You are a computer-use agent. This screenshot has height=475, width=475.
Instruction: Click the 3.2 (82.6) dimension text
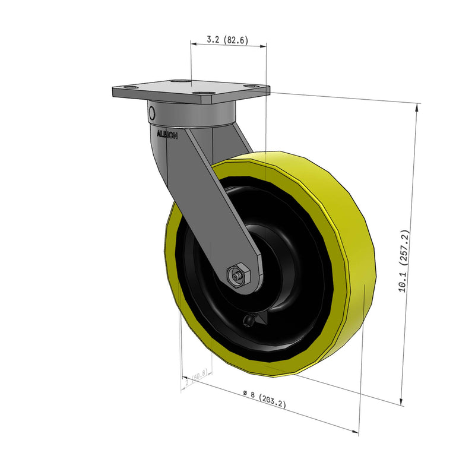tap(227, 40)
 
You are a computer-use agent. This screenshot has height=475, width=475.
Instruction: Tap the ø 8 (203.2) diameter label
tap(265, 398)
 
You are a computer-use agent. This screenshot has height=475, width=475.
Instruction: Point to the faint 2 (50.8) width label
tap(196, 378)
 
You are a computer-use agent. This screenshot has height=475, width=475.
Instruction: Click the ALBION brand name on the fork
tap(167, 135)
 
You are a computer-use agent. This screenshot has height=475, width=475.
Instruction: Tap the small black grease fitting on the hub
tap(248, 321)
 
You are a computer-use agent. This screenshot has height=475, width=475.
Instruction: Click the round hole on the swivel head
tap(152, 113)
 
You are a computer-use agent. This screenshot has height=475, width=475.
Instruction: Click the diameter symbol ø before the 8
tap(245, 392)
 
